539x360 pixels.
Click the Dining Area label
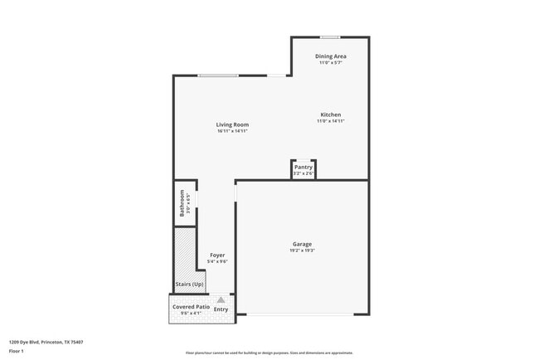330,56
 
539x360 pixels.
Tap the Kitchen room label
330,114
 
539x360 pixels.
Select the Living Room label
232,124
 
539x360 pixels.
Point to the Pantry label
303,167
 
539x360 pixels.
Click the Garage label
301,244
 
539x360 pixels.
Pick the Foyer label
217,255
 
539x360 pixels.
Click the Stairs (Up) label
189,285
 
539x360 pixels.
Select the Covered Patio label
191,307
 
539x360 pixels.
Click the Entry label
221,309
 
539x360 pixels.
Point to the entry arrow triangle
221,299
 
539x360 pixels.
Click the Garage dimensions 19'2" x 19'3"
302,251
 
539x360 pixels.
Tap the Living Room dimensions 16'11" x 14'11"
232,131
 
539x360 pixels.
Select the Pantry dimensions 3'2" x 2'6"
303,173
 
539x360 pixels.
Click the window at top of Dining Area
330,36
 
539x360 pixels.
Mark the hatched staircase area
183,252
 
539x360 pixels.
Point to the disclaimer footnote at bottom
269,353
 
